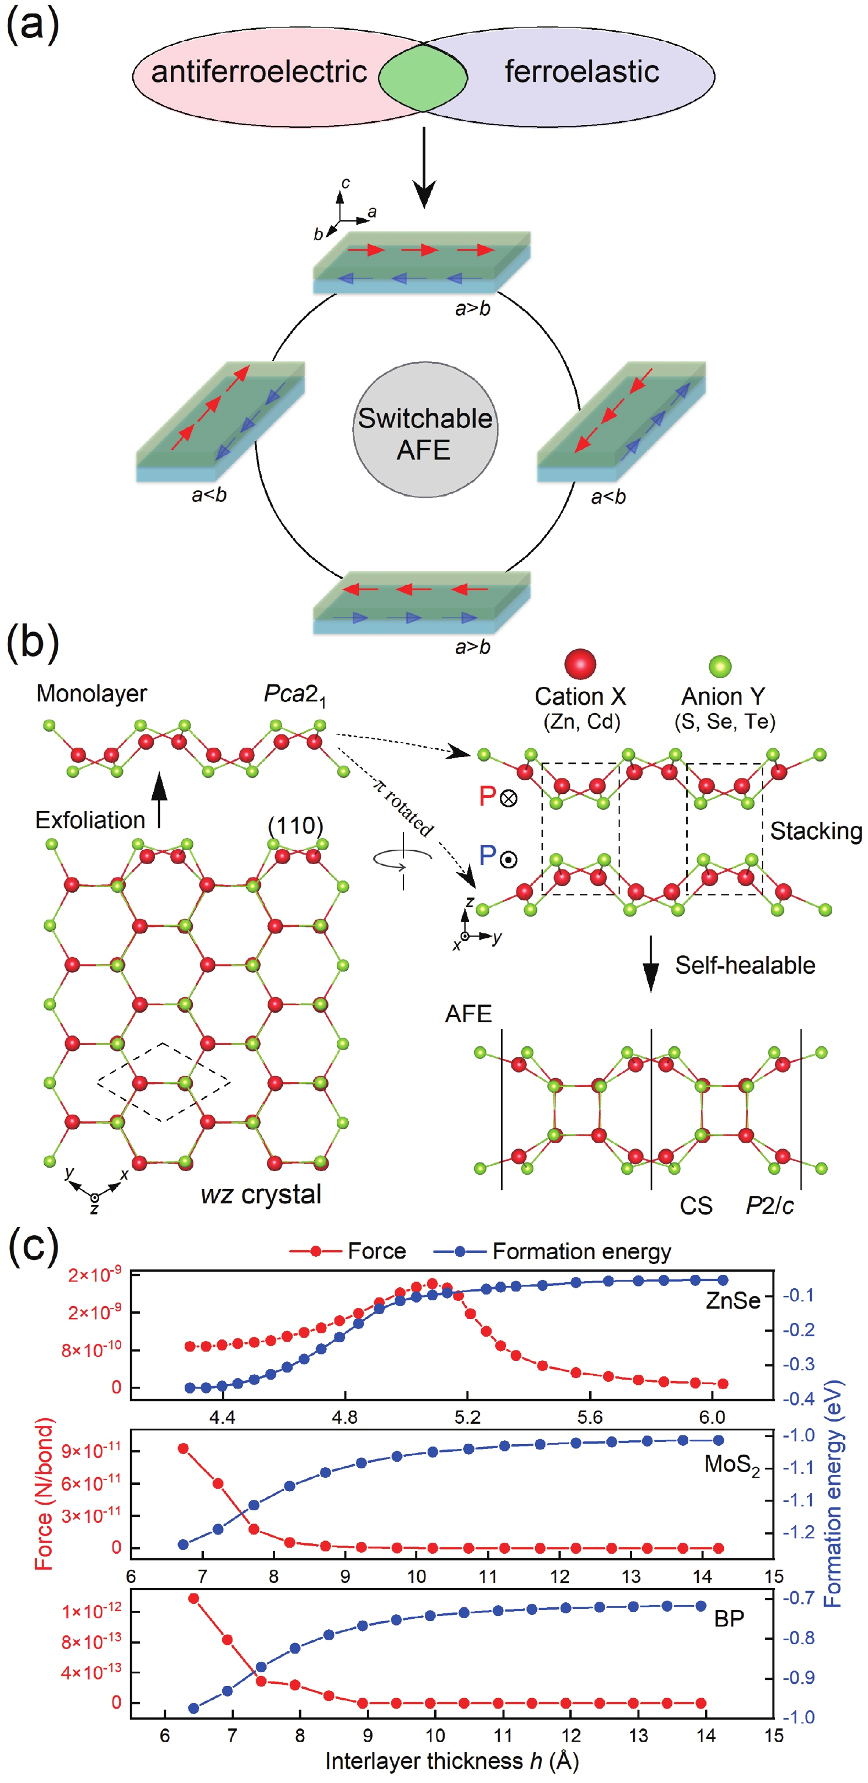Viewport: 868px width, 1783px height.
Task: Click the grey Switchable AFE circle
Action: pos(424,433)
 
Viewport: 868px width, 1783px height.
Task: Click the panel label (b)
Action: pos(32,642)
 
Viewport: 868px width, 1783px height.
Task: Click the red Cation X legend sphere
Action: pos(580,664)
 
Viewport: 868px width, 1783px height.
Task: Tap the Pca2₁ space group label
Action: pos(295,694)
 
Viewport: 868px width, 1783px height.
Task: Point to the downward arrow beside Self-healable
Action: pos(650,964)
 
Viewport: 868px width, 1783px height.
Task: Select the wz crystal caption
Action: pos(261,1194)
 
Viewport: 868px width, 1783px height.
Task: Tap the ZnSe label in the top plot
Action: pos(732,1300)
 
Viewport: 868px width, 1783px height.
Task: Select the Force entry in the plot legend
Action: pos(376,1251)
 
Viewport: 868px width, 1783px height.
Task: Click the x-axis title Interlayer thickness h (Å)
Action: pos(451,1762)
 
